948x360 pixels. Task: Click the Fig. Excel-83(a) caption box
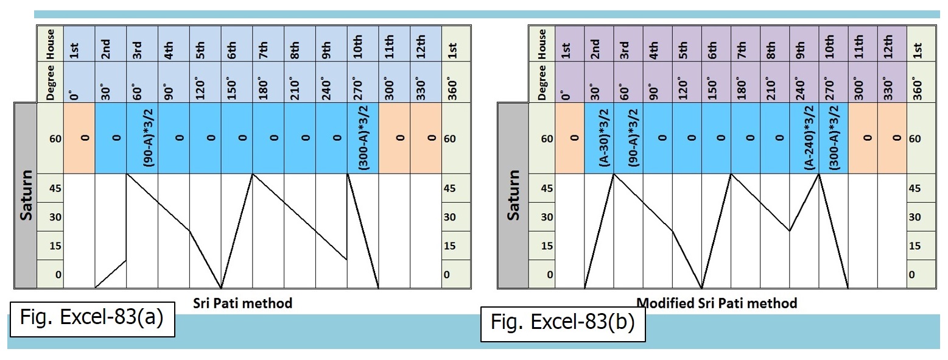click(x=92, y=318)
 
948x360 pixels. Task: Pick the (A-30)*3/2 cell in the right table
click(x=599, y=138)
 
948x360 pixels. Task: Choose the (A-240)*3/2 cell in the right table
click(x=804, y=138)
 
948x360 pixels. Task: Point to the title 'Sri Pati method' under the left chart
click(x=243, y=303)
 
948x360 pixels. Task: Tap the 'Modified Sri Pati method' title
click(x=717, y=303)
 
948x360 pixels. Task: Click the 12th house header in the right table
click(x=892, y=44)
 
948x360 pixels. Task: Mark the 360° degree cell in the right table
click(x=921, y=82)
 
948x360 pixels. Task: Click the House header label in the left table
click(x=51, y=44)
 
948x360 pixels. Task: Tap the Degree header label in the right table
click(x=541, y=82)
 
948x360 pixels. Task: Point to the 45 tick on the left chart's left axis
click(x=53, y=188)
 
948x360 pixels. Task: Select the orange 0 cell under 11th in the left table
click(x=395, y=138)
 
